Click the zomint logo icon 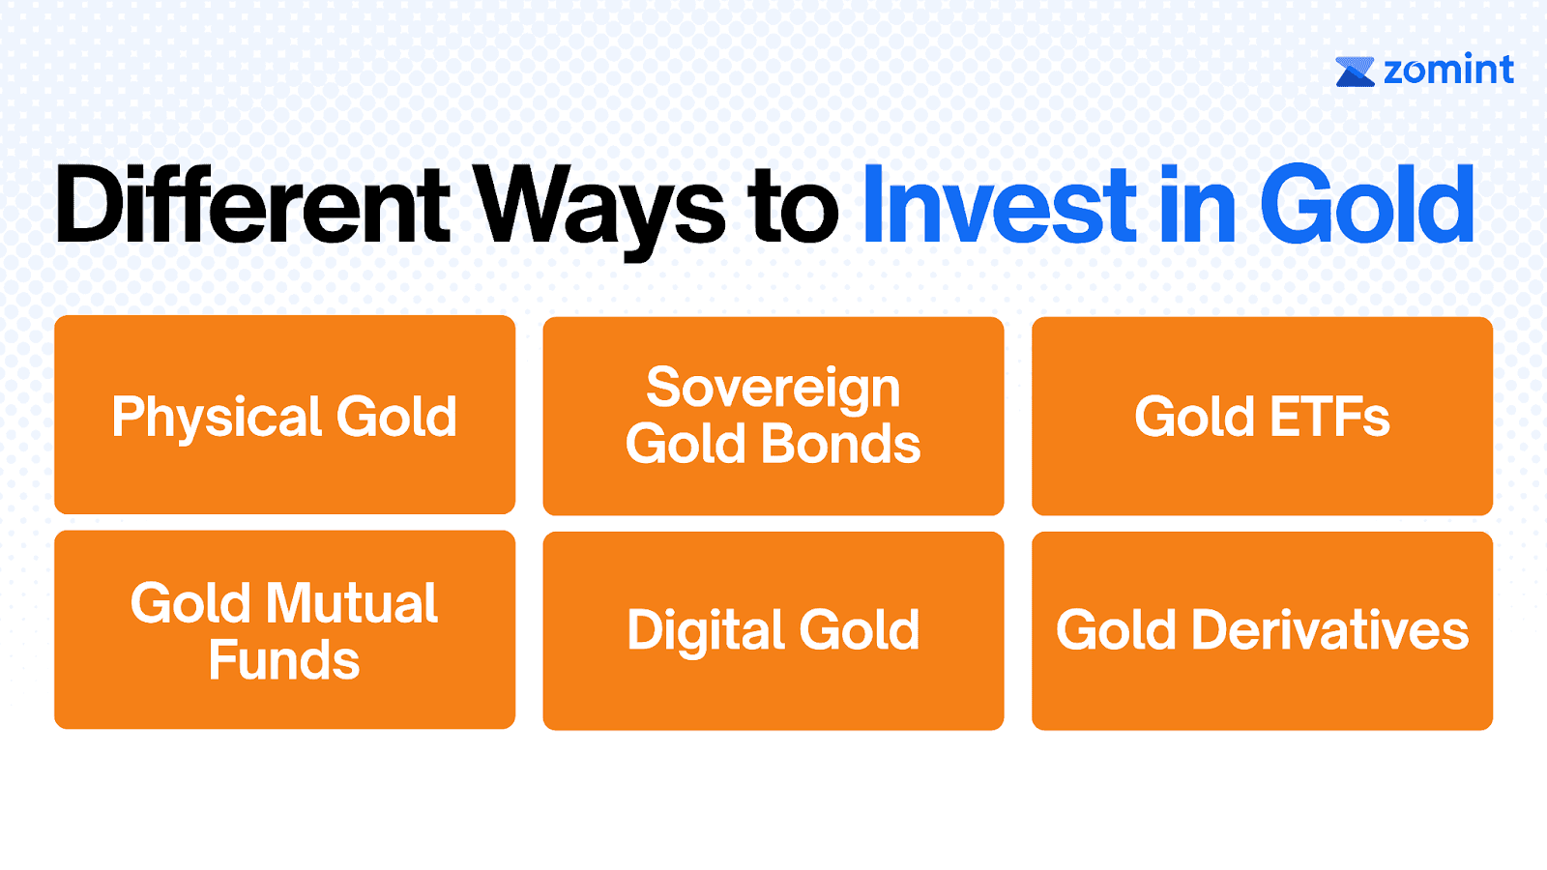tap(1355, 72)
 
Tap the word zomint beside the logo tap(1449, 70)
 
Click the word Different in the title tap(252, 204)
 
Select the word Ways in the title tap(600, 211)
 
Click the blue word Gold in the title tap(1367, 204)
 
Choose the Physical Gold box tap(284, 415)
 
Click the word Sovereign tap(773, 389)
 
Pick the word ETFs tap(1329, 417)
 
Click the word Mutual tap(352, 603)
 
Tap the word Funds tap(284, 659)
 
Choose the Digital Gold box tap(773, 630)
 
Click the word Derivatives tap(1330, 629)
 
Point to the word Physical tap(217, 418)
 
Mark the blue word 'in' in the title tap(1197, 204)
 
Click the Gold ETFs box tap(1263, 416)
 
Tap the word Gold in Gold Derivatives tap(1116, 629)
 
